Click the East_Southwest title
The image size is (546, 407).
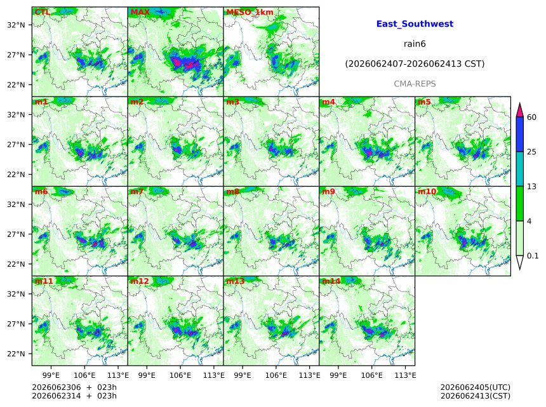[x=415, y=24]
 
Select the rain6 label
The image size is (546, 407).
[x=415, y=44]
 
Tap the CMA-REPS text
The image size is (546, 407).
[x=415, y=84]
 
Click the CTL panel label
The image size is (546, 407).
[x=42, y=12]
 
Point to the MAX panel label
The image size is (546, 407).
[x=140, y=12]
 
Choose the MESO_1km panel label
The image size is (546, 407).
[x=250, y=13]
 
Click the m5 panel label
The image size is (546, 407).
[x=424, y=102]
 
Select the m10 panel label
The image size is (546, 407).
[x=427, y=192]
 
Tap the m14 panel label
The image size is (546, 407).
[x=331, y=281]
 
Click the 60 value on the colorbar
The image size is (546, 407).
[x=531, y=117]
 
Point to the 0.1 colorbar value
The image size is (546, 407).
[x=533, y=256]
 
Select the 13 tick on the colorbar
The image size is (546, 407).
[x=531, y=187]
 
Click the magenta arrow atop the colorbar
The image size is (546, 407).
[x=520, y=110]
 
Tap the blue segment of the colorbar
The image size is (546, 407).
[x=520, y=135]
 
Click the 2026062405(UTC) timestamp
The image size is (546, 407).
[x=476, y=387]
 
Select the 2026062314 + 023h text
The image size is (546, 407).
[x=74, y=396]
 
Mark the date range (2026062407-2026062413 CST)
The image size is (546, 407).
[x=415, y=64]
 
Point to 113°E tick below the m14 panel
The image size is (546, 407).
[x=405, y=375]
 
